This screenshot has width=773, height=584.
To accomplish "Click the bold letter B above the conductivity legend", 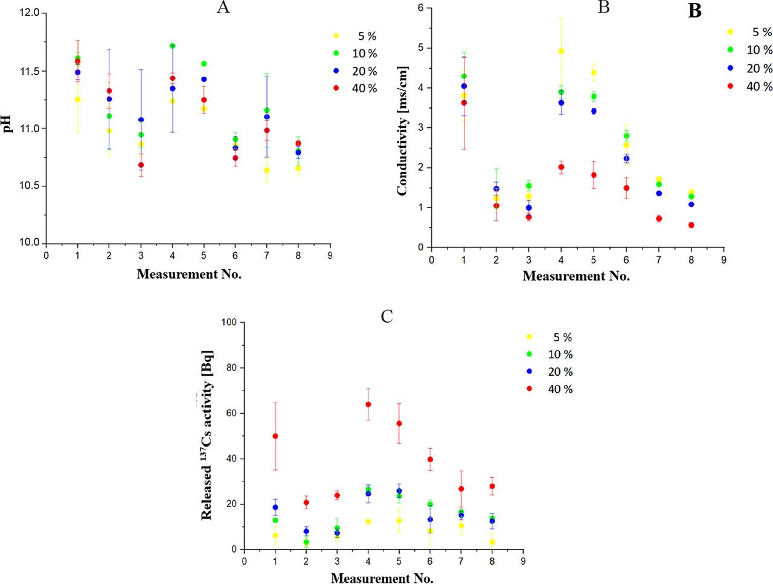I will [694, 11].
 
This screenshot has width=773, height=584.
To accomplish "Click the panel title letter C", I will [387, 316].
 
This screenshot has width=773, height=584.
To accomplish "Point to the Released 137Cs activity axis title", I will [207, 434].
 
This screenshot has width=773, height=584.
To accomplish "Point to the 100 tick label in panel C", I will [228, 322].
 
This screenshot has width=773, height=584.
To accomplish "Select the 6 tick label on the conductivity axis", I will [420, 8].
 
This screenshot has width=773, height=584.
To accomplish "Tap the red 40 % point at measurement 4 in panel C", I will [368, 404].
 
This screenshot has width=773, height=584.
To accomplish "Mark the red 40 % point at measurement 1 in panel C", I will [275, 436].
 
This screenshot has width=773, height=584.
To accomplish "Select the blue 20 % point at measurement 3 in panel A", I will [141, 120].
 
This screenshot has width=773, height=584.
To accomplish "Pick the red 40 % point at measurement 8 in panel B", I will [691, 225].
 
